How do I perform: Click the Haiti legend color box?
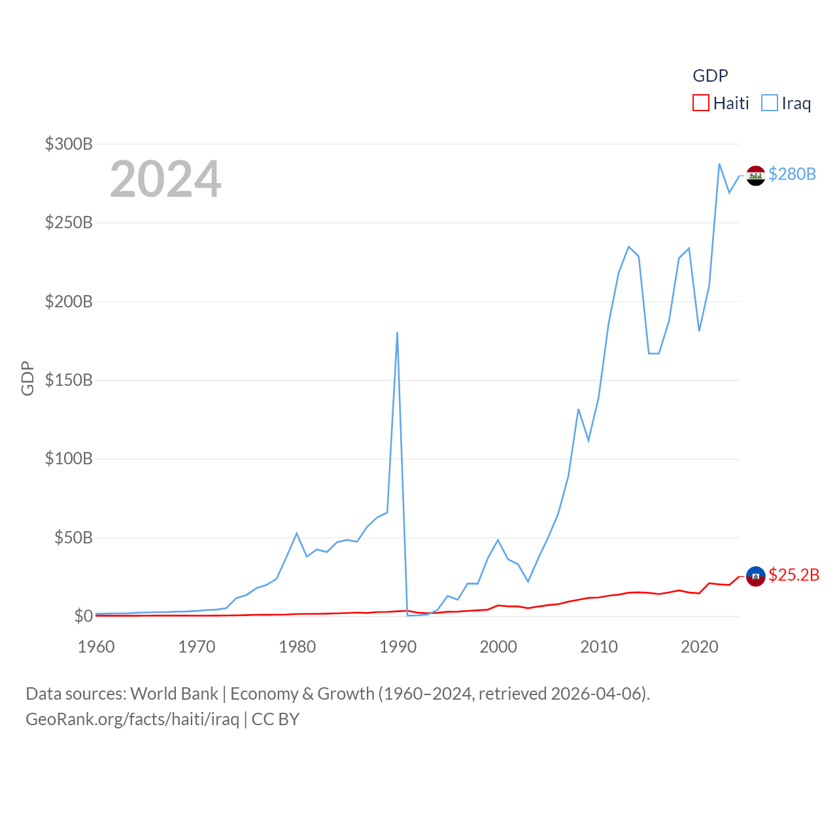tap(701, 103)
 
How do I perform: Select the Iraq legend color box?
tap(770, 103)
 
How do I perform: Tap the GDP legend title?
tap(710, 76)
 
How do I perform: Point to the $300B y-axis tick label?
tap(69, 144)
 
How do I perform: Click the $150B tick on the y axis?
tap(69, 380)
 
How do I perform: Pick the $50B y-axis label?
tap(73, 538)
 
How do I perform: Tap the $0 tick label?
tap(83, 616)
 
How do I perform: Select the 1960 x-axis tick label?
tap(96, 647)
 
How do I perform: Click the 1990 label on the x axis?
tap(398, 647)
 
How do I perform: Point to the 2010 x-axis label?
tap(599, 647)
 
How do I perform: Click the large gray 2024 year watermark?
tap(165, 179)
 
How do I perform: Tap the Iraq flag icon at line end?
tap(756, 175)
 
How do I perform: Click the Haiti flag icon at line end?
tap(756, 576)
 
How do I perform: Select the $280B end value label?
tap(793, 174)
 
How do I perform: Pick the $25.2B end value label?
tap(794, 575)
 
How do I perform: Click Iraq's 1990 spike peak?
tap(397, 333)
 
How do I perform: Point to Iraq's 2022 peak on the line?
tap(719, 164)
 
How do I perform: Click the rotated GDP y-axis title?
tap(27, 378)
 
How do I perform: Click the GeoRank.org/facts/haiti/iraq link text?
tap(132, 719)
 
